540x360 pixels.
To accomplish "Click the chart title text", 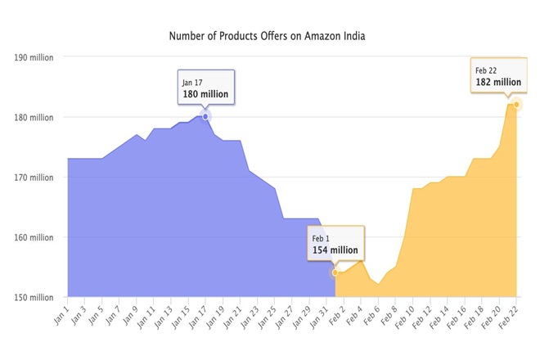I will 270,36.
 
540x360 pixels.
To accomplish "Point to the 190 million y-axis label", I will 33,57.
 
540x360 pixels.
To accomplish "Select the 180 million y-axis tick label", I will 33,117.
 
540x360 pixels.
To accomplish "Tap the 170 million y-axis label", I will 33,178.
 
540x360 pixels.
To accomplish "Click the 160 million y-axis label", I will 33,237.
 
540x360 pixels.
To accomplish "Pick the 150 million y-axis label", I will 33,297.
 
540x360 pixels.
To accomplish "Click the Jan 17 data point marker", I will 205,116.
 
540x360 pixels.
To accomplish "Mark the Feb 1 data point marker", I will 335,272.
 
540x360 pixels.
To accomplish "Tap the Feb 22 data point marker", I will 516,104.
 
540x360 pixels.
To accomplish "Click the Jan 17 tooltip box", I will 206,88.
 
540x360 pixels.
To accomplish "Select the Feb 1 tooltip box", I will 335,244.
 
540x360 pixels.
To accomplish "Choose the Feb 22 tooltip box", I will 497,76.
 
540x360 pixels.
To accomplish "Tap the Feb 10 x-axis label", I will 405,314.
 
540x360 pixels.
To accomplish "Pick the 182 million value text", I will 497,82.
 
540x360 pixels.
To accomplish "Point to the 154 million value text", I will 335,250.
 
